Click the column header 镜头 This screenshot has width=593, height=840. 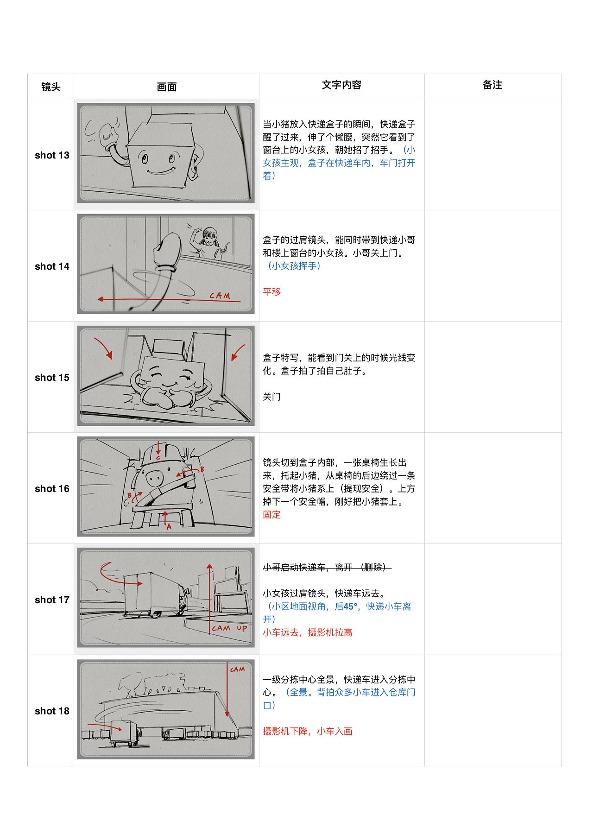point(50,87)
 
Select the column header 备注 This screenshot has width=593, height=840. point(492,85)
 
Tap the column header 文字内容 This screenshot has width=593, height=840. point(341,85)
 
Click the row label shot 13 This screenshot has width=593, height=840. point(52,155)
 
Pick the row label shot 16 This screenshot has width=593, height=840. point(52,489)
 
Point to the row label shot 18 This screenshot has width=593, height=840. point(52,711)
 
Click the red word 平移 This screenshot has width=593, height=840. point(272,292)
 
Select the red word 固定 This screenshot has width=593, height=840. point(272,515)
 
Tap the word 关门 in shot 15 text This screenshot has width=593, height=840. point(272,397)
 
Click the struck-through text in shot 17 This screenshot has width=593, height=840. point(327,568)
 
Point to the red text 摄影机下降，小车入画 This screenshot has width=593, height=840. point(308,732)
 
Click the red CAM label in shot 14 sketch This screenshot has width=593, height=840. point(220,296)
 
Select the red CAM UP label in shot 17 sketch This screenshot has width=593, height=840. point(229,628)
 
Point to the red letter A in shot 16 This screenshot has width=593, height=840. point(169,526)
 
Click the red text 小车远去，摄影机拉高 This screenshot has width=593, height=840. point(308,632)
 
